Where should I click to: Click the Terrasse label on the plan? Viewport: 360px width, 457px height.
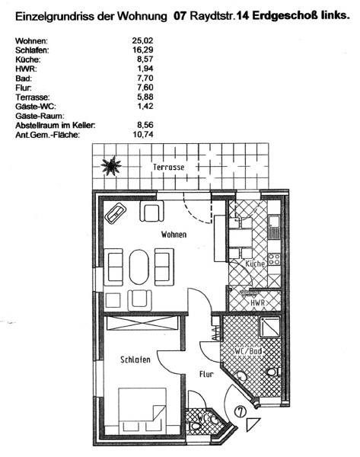tap(169, 168)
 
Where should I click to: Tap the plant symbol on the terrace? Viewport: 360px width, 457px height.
tap(111, 165)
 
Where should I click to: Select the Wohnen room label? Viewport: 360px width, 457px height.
tap(174, 235)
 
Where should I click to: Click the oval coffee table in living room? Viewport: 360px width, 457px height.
tap(139, 267)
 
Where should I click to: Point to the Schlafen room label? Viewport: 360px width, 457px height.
tap(135, 360)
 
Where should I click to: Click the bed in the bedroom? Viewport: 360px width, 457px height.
tap(142, 411)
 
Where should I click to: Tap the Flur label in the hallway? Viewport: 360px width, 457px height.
tap(206, 374)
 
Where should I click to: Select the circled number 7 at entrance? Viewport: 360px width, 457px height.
tap(241, 412)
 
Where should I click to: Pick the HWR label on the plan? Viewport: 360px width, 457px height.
tap(258, 303)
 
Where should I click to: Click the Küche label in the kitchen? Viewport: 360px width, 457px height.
tap(255, 264)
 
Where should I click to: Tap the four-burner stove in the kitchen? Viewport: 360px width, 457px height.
tap(274, 259)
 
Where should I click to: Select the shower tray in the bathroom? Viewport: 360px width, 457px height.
tap(269, 327)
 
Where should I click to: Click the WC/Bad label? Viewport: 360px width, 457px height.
tap(248, 351)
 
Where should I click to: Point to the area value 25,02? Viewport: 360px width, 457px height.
tap(142, 40)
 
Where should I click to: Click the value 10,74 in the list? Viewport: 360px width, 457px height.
tap(142, 134)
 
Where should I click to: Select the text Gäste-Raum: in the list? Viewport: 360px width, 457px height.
tap(40, 116)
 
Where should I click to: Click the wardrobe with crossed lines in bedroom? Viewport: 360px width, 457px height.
tap(142, 323)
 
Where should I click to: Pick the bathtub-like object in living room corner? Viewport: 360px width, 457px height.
tap(116, 213)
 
